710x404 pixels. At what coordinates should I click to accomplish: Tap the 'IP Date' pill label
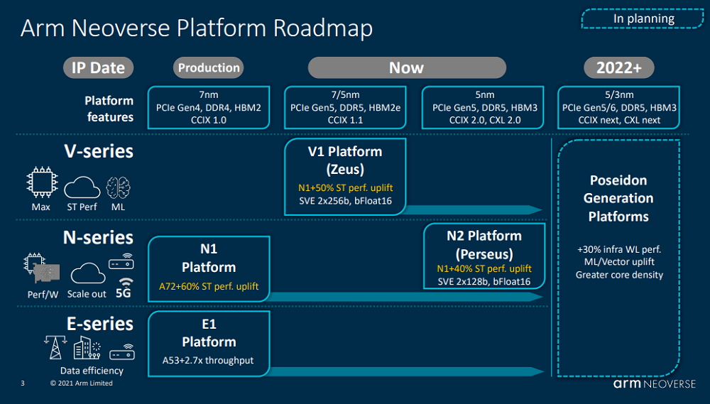[x=98, y=68]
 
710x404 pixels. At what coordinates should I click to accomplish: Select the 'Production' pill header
[x=208, y=68]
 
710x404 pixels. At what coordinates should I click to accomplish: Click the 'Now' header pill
[x=407, y=68]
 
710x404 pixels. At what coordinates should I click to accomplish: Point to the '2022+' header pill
[x=619, y=68]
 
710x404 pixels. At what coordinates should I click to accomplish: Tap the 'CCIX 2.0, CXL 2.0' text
[x=485, y=120]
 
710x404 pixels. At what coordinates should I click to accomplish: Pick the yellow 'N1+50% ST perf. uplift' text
[x=346, y=187]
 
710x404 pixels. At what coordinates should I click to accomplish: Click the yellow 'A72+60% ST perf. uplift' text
[x=209, y=286]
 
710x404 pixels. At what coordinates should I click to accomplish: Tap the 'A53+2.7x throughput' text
[x=208, y=361]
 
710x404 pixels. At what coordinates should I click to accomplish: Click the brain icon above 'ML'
[x=118, y=187]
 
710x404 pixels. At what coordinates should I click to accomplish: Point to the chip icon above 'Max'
[x=42, y=182]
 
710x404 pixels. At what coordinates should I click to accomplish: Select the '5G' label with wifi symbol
[x=124, y=288]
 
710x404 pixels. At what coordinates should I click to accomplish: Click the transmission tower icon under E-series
[x=55, y=347]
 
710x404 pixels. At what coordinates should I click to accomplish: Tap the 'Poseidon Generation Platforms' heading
[x=618, y=198]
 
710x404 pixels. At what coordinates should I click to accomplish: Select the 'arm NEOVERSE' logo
[x=655, y=383]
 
